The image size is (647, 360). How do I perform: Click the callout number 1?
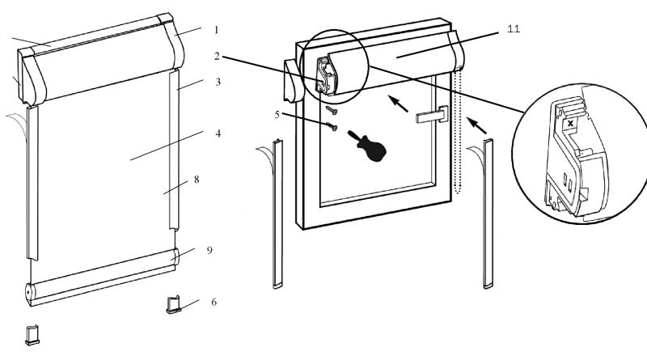point(216,30)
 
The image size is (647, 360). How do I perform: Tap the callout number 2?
point(217,56)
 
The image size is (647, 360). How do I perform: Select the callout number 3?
point(218,82)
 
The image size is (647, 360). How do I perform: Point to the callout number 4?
point(218,133)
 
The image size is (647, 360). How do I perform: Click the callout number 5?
point(277,114)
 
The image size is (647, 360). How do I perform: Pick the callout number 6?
point(214,303)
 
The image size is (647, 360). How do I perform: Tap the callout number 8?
point(197,180)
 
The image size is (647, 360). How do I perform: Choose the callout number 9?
point(209,250)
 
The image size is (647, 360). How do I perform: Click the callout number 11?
point(514,29)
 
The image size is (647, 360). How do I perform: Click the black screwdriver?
point(368,146)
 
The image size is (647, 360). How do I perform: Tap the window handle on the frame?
point(433,115)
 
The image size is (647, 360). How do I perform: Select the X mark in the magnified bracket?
point(570,123)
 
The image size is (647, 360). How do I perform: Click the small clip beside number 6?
point(174,305)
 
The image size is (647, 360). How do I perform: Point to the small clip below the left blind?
point(32,335)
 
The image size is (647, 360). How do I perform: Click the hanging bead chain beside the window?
point(456,131)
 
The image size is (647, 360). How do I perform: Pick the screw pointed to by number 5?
point(332,126)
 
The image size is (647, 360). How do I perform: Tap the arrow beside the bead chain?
point(476,126)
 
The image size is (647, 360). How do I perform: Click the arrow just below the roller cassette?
point(398,104)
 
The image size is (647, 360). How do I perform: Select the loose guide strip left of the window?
point(277,214)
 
